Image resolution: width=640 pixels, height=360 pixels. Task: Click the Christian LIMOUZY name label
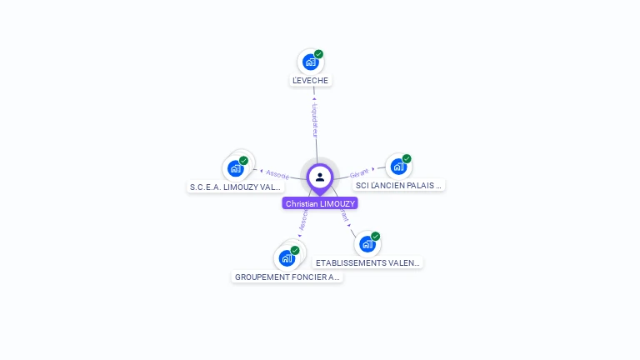tap(320, 203)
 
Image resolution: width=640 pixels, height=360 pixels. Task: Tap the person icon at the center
tap(320, 177)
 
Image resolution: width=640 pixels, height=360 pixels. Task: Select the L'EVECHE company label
tap(311, 81)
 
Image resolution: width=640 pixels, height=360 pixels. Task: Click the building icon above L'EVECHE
tap(310, 62)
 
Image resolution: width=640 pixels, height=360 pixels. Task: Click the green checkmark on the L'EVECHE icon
tap(318, 54)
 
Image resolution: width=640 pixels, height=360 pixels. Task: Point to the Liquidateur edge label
tap(315, 120)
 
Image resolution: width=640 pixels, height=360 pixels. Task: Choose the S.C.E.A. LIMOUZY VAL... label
tap(236, 187)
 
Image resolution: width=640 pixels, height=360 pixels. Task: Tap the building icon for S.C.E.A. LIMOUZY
tap(236, 167)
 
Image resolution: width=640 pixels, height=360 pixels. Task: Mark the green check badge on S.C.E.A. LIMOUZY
tap(243, 160)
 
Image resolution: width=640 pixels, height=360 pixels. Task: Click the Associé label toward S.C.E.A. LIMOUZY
tap(277, 175)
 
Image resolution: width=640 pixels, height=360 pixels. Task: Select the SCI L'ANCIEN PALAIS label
tap(398, 185)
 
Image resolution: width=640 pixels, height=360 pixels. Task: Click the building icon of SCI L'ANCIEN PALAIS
tap(398, 166)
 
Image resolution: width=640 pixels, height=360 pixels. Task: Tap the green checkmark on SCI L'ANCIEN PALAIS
tap(407, 158)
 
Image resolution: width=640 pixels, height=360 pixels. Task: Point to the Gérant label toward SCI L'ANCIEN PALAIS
tap(359, 172)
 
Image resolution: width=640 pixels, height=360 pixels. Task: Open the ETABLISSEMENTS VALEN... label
tap(368, 262)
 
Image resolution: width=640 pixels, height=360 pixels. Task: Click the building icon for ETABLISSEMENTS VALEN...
tap(367, 243)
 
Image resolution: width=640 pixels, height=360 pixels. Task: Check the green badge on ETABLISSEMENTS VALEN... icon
tap(375, 236)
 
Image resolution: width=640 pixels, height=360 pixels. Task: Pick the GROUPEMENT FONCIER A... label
tap(287, 277)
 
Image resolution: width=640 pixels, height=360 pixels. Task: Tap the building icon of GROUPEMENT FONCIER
tap(287, 257)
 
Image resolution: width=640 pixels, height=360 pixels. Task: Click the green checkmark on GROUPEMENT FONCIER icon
tap(295, 250)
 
